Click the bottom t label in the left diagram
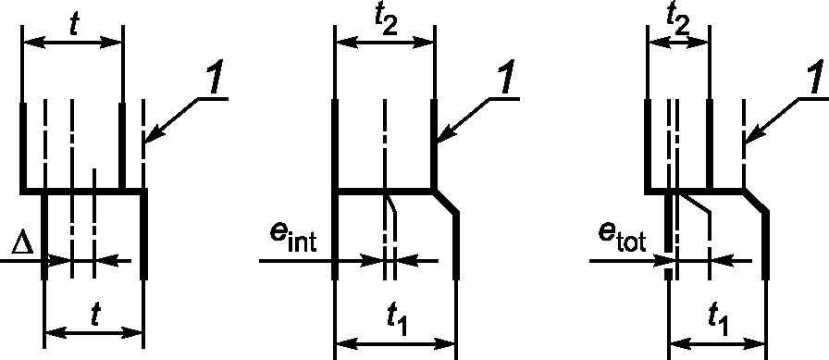pos(94,315)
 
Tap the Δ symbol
pos(23,244)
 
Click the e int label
pos(293,240)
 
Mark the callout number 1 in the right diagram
pos(815,78)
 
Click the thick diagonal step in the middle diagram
pos(445,202)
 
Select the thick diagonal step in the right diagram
pos(756,202)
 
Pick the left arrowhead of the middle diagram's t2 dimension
pos(346,43)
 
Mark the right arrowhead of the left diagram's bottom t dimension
pos(132,333)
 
